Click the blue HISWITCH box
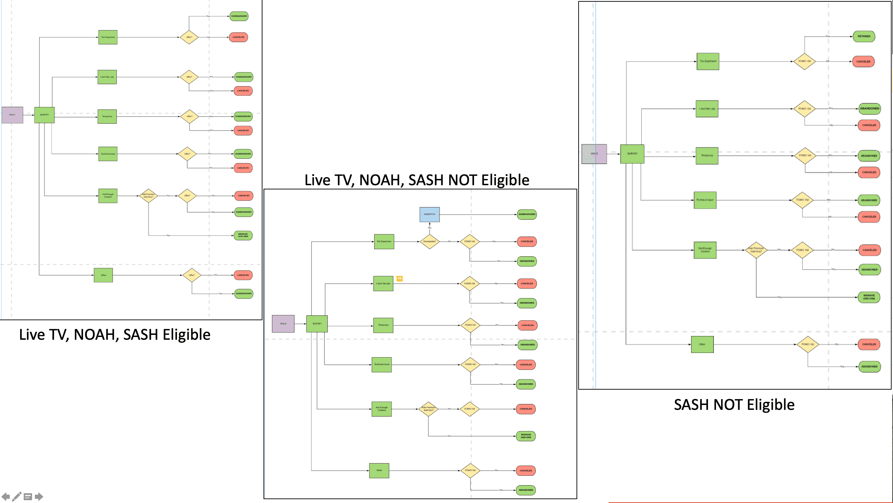tap(429, 215)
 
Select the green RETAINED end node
tap(864, 36)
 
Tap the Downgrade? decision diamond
tap(429, 241)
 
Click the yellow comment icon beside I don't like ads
tap(399, 279)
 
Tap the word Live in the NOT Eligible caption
tap(317, 180)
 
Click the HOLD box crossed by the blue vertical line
tap(594, 154)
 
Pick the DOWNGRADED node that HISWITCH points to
tap(527, 215)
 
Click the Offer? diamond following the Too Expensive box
tap(189, 37)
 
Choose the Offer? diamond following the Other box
tap(192, 275)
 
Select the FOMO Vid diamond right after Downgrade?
tap(470, 241)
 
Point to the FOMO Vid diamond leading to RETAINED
tap(804, 61)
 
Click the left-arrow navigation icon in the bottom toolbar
tap(6, 496)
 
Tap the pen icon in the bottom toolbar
tap(17, 496)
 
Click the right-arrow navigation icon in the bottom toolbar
tap(39, 496)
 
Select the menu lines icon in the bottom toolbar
tap(28, 497)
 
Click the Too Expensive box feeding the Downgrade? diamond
tap(384, 241)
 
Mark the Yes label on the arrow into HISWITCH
tap(429, 228)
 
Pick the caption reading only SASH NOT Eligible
tap(734, 405)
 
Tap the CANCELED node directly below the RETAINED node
tap(863, 62)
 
